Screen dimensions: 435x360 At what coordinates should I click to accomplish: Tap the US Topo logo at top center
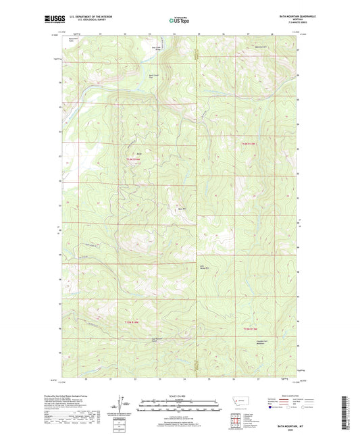point(178,21)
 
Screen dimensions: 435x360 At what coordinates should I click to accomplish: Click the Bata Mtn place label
point(182,208)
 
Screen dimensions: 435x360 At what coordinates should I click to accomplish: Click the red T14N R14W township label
point(134,159)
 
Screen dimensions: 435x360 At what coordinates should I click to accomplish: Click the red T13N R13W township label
point(250,328)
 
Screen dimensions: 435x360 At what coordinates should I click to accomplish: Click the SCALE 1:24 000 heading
point(180,395)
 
